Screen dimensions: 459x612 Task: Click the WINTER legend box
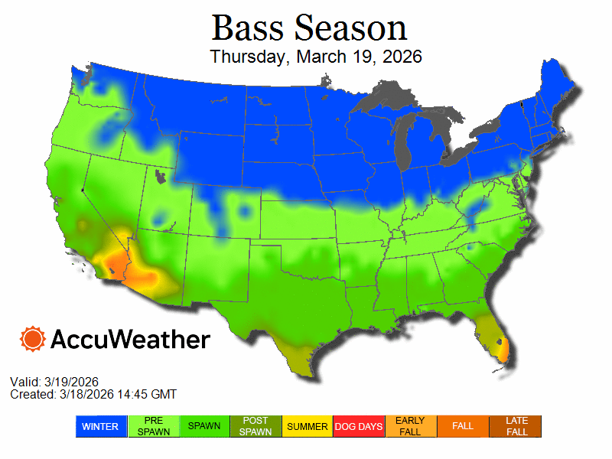tap(100, 426)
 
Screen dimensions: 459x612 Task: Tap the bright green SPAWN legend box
tap(204, 426)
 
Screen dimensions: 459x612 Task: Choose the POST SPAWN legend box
tap(256, 426)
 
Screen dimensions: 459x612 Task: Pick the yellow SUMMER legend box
tap(308, 426)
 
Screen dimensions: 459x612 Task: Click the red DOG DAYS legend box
tap(359, 426)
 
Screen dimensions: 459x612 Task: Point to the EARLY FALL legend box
tap(410, 426)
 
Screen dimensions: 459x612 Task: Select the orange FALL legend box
tap(463, 426)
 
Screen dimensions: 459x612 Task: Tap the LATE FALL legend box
tap(516, 426)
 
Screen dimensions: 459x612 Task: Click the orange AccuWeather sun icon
tap(33, 339)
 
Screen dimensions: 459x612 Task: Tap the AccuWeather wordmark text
tap(130, 339)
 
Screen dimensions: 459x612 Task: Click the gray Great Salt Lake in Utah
tap(159, 178)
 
